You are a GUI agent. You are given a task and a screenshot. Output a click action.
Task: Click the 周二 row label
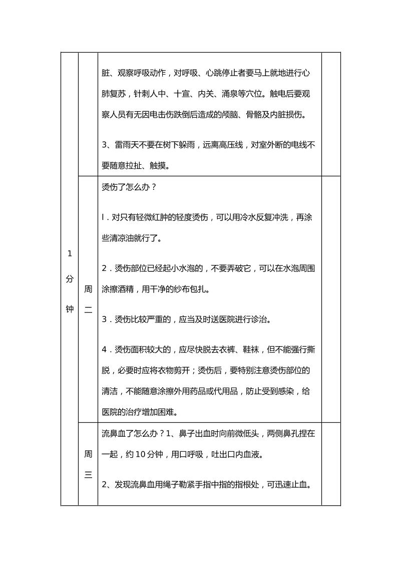(88, 300)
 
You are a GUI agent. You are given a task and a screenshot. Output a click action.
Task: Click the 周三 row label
(88, 465)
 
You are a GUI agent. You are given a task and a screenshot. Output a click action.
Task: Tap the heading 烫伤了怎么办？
(129, 188)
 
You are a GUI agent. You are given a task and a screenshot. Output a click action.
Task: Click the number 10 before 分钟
(141, 455)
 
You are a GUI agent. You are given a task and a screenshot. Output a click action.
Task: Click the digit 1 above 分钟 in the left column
(70, 253)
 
